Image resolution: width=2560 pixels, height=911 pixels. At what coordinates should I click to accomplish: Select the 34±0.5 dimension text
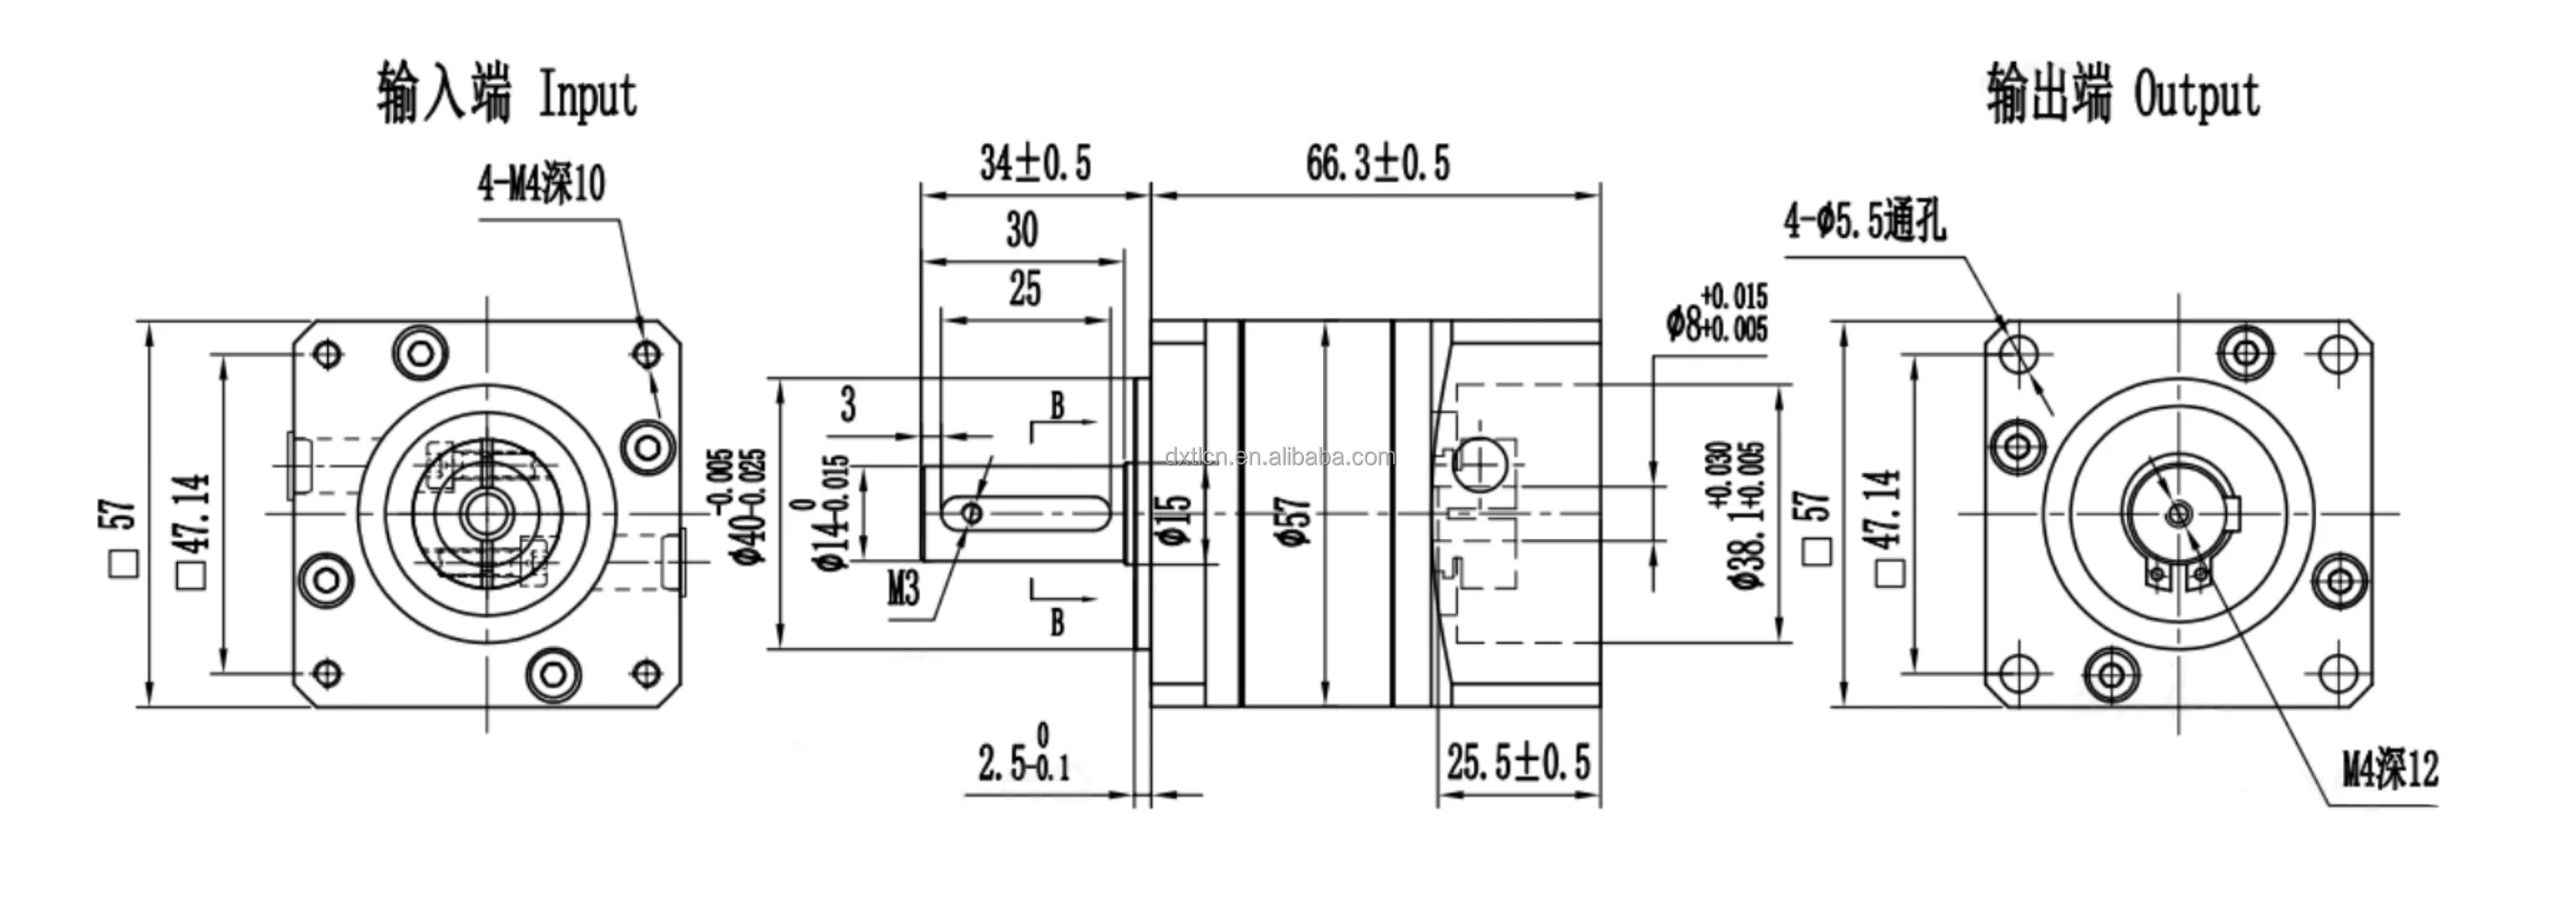click(1034, 163)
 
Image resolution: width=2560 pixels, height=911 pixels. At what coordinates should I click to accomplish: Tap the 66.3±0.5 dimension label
click(1377, 163)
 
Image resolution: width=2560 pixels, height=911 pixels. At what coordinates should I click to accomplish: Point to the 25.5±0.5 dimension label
click(1517, 763)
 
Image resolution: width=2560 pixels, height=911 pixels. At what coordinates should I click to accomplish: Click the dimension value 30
click(1022, 229)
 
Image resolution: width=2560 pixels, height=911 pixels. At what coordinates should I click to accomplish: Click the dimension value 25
click(1025, 289)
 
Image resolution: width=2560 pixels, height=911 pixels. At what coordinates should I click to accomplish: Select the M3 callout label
click(902, 589)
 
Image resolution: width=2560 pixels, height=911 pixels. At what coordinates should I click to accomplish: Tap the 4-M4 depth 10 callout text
click(541, 184)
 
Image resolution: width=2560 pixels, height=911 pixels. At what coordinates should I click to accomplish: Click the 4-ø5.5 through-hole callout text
click(1865, 221)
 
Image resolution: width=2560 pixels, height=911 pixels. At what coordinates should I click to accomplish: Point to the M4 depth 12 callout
click(2390, 769)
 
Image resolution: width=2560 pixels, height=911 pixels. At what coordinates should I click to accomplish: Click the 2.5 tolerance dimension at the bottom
click(1024, 761)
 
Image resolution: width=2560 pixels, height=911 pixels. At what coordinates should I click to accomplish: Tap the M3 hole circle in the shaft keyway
click(973, 512)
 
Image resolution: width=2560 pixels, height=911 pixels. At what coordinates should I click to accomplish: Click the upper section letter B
click(1057, 404)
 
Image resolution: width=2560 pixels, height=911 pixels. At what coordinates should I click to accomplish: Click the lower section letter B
click(1057, 622)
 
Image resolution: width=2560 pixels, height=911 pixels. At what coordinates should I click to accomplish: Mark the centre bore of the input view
click(486, 512)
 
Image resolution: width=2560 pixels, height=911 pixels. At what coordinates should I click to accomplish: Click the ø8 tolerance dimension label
click(1716, 313)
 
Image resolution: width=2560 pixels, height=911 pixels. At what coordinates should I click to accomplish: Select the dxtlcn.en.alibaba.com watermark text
click(1280, 457)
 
